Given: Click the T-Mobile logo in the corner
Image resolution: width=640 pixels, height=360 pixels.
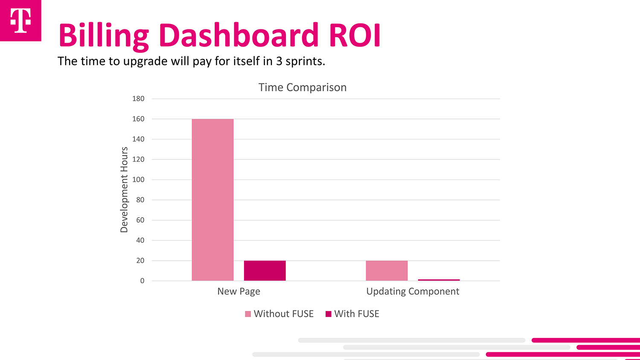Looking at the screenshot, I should pos(20,20).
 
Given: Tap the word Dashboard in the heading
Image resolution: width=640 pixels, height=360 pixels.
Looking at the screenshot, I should pos(239,35).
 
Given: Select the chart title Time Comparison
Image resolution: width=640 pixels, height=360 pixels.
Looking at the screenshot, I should pos(302,87).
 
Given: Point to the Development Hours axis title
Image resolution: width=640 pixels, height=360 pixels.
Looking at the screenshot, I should pos(124,189).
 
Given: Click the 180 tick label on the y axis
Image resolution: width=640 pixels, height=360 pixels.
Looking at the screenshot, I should pos(138,99).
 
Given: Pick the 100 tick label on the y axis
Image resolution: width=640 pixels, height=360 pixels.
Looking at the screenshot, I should pos(138,180).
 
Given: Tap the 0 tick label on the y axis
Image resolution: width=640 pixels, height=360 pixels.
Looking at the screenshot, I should pos(142,281).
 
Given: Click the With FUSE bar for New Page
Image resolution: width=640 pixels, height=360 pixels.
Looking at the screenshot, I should pos(265,270).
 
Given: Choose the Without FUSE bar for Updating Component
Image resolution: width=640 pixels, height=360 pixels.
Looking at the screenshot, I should pos(387,270).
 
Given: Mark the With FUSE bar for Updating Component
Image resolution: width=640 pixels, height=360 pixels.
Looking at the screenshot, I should pos(439,280).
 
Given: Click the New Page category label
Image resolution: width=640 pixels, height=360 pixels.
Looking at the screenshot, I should pos(239,291).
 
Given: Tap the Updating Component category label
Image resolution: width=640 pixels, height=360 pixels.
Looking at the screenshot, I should pos(413,291).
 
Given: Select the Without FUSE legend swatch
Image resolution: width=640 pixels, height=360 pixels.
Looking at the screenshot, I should pos(248,314).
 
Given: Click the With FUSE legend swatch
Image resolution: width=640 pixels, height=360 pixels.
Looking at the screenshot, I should pos(329,314).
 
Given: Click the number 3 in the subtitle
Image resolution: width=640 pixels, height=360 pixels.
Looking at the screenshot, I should pos(279,61).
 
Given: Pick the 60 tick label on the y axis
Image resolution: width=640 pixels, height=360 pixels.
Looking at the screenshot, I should pos(140,220).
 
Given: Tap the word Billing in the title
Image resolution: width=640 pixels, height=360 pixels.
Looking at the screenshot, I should pos(104,35).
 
